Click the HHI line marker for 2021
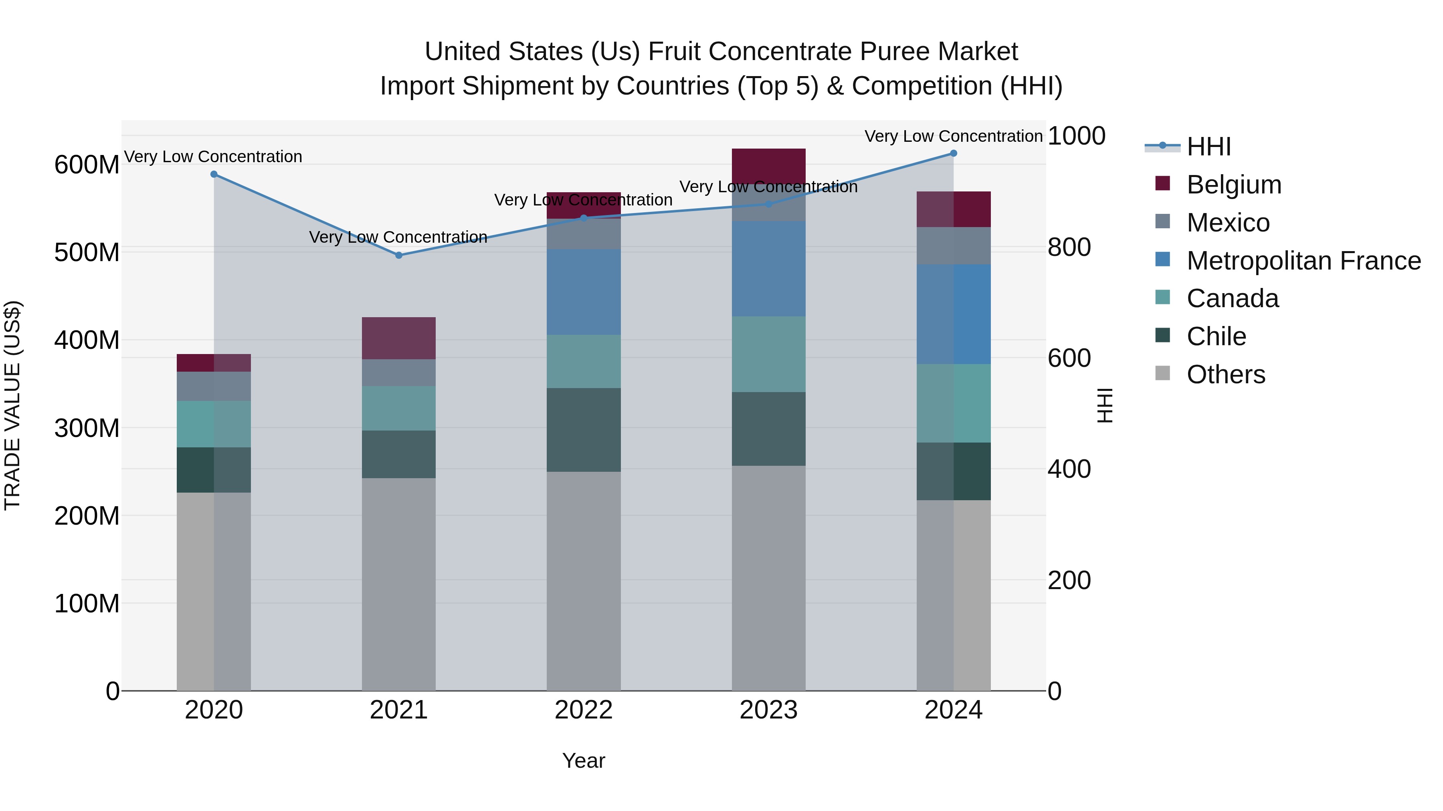point(399,255)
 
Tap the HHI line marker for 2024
point(954,153)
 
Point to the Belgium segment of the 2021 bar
point(399,338)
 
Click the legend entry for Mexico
point(1227,223)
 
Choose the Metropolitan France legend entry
point(1303,261)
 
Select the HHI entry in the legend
point(1208,147)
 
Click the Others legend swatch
point(1163,373)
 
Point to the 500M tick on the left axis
point(87,252)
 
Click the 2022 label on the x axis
point(584,710)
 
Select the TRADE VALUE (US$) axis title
point(12,405)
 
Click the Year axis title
point(584,761)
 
